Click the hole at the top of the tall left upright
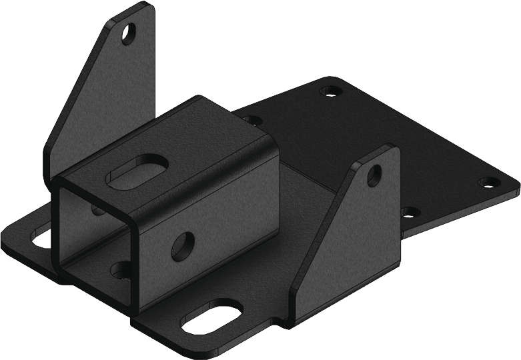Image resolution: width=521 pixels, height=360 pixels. pyautogui.click(x=127, y=33)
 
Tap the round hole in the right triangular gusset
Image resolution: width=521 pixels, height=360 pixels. pyautogui.click(x=374, y=175)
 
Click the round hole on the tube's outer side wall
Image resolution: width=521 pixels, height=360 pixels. pyautogui.click(x=183, y=246)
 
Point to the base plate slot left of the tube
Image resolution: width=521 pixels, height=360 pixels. pyautogui.click(x=41, y=237)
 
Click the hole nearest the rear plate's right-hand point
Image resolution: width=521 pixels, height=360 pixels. pyautogui.click(x=488, y=182)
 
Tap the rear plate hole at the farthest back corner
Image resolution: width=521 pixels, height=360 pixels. pyautogui.click(x=329, y=91)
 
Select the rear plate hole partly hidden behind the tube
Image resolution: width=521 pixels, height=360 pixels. pyautogui.click(x=252, y=121)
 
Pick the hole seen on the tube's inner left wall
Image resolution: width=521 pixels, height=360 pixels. pyautogui.click(x=98, y=210)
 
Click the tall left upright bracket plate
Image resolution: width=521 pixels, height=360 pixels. pyautogui.click(x=100, y=100)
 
